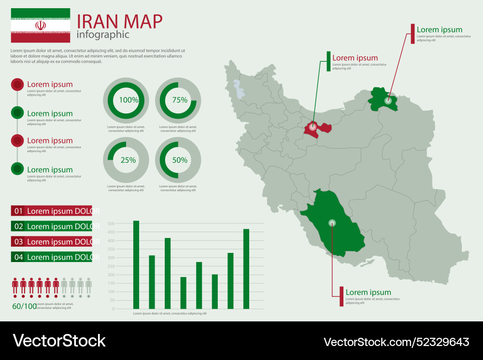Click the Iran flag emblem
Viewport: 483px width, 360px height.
point(41,25)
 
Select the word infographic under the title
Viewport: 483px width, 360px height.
point(103,35)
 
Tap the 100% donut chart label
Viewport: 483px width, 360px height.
point(129,100)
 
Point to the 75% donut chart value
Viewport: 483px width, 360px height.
point(180,100)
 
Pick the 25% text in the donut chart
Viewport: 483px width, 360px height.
point(128,160)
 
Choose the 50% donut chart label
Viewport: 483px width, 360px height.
point(180,160)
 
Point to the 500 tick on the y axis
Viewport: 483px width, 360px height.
point(111,224)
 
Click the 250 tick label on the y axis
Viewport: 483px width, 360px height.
point(111,266)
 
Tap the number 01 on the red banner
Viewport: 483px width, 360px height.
point(19,211)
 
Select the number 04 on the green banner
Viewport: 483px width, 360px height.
point(19,257)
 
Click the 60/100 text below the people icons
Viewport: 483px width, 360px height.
point(24,306)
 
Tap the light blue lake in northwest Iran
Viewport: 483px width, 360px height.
point(237,88)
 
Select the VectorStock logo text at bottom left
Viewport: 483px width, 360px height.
point(59,341)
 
